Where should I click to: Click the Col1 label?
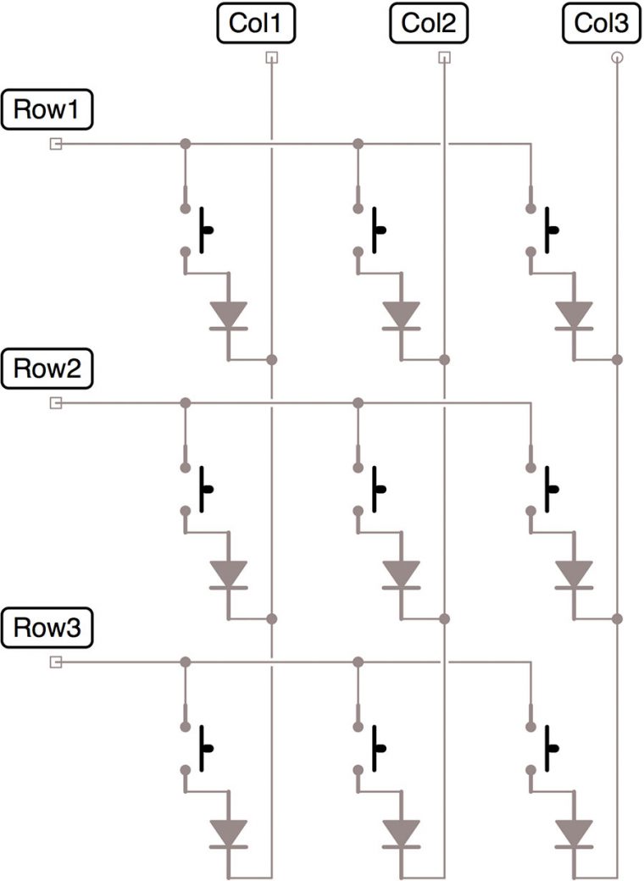[x=258, y=24]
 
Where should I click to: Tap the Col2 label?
[x=429, y=24]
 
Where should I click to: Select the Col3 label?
[x=601, y=24]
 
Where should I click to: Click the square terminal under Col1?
[x=271, y=58]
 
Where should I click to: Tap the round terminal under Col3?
[x=617, y=58]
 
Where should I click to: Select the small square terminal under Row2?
[x=56, y=403]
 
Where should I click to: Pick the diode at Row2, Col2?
[x=401, y=574]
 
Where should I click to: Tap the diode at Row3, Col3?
[x=574, y=834]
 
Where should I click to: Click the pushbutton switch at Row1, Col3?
[x=542, y=230]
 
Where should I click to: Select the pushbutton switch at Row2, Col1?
[x=197, y=489]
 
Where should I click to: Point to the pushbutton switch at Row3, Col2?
[x=369, y=748]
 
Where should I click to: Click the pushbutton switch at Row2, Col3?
[x=542, y=489]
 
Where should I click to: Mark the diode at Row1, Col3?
[x=574, y=315]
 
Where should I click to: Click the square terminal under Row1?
[x=56, y=144]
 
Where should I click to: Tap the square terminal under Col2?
[x=444, y=58]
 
